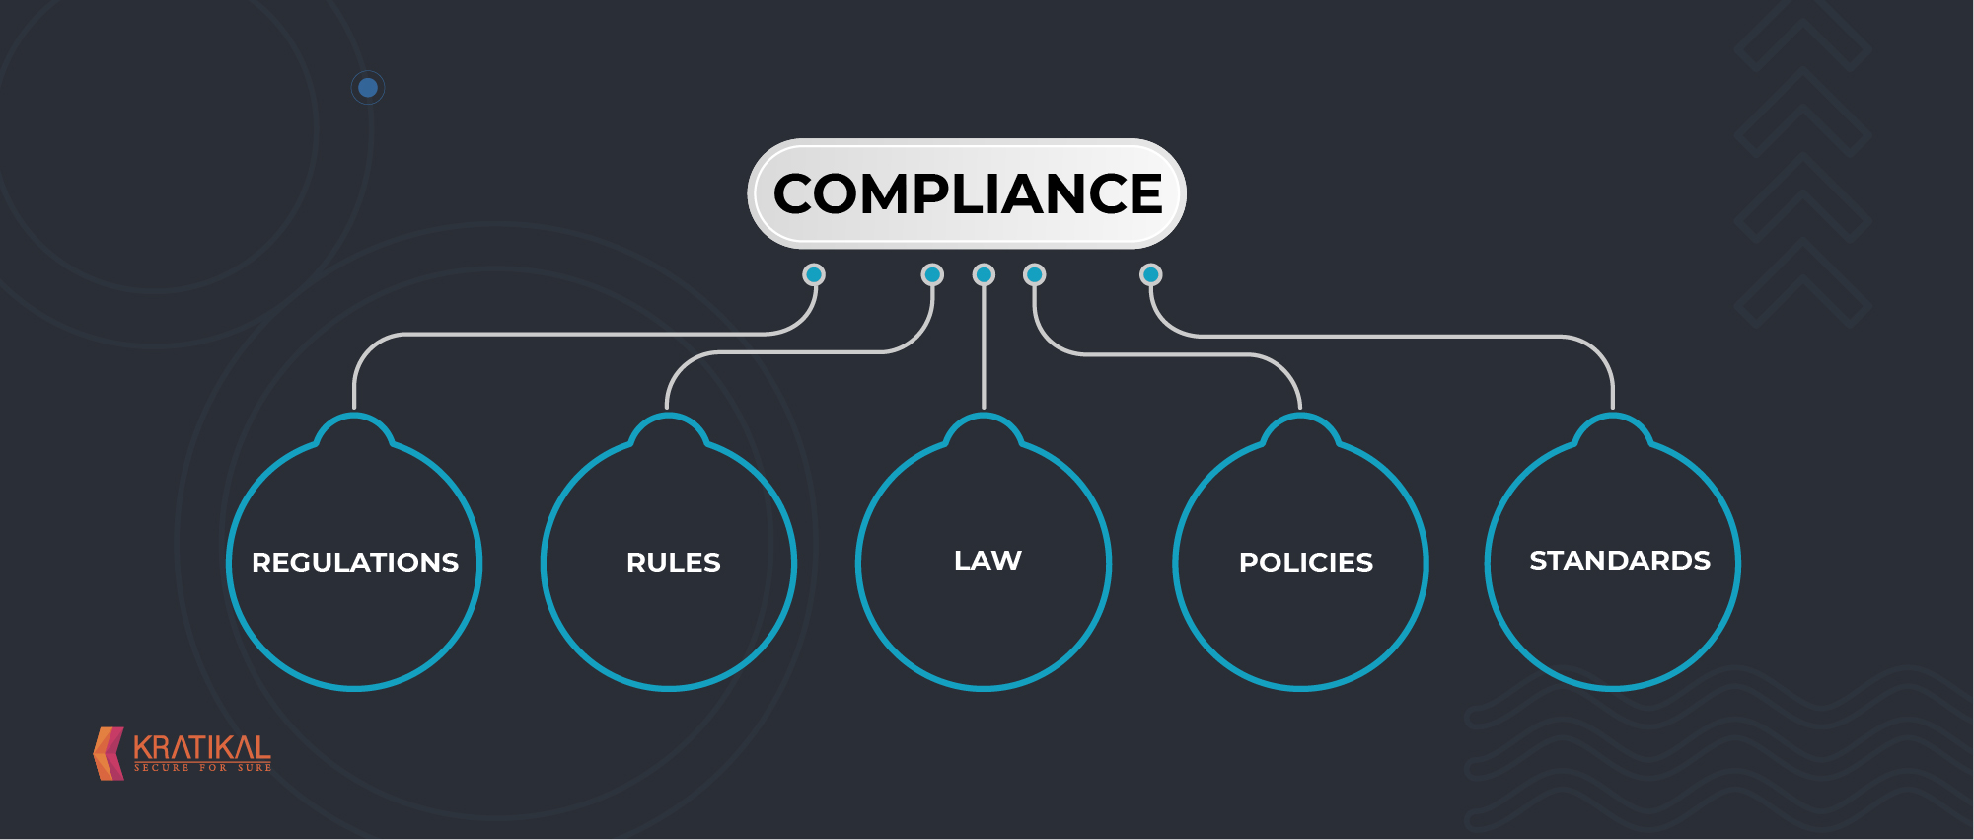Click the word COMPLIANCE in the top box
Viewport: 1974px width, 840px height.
click(x=968, y=193)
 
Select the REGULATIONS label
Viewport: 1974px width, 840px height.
click(x=355, y=562)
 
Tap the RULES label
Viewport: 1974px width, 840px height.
click(x=674, y=562)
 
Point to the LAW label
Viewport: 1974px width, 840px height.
click(x=987, y=560)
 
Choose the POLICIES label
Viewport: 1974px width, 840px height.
click(x=1306, y=562)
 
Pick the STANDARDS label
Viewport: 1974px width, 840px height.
click(x=1620, y=560)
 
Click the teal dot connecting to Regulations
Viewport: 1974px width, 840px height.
click(x=814, y=274)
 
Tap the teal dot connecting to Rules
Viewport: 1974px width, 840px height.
click(x=932, y=274)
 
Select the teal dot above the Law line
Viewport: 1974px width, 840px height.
click(x=984, y=274)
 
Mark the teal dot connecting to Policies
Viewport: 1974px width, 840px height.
click(x=1035, y=274)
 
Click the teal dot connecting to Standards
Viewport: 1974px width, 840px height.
click(x=1151, y=274)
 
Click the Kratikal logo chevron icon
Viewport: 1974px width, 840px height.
click(x=109, y=754)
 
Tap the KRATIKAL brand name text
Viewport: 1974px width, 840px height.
click(x=202, y=748)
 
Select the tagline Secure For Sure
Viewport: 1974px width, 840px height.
click(x=202, y=768)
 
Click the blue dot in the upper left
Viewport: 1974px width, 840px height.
click(x=368, y=88)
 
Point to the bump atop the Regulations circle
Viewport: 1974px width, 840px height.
click(x=354, y=430)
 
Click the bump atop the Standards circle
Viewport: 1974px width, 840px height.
click(x=1613, y=430)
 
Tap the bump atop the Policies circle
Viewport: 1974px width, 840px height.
click(x=1301, y=430)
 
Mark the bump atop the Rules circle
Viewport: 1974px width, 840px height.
click(x=668, y=430)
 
